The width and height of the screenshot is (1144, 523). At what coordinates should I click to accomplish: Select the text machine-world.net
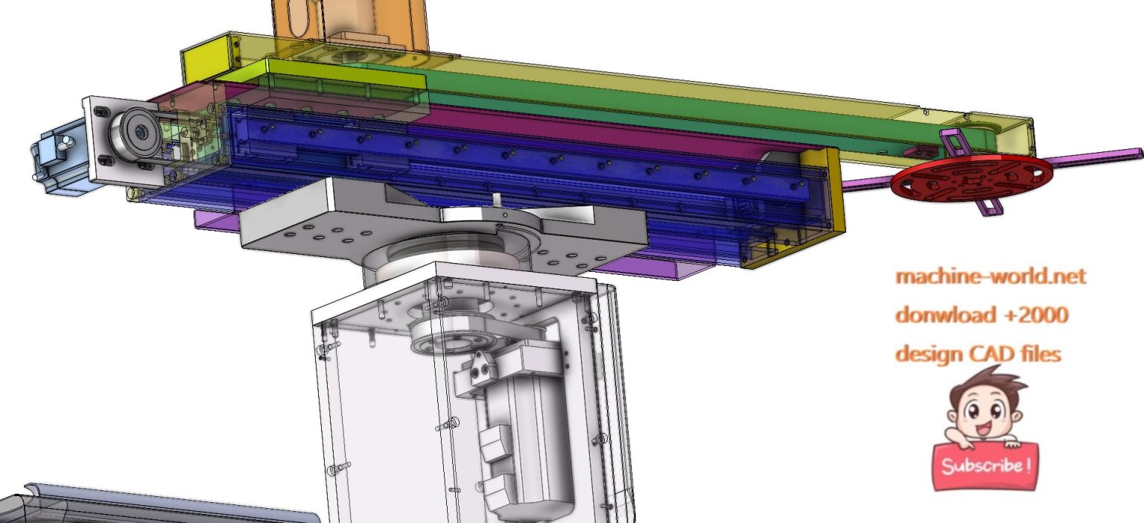[x=991, y=276]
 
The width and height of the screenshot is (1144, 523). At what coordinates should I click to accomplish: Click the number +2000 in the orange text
[x=1036, y=314]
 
